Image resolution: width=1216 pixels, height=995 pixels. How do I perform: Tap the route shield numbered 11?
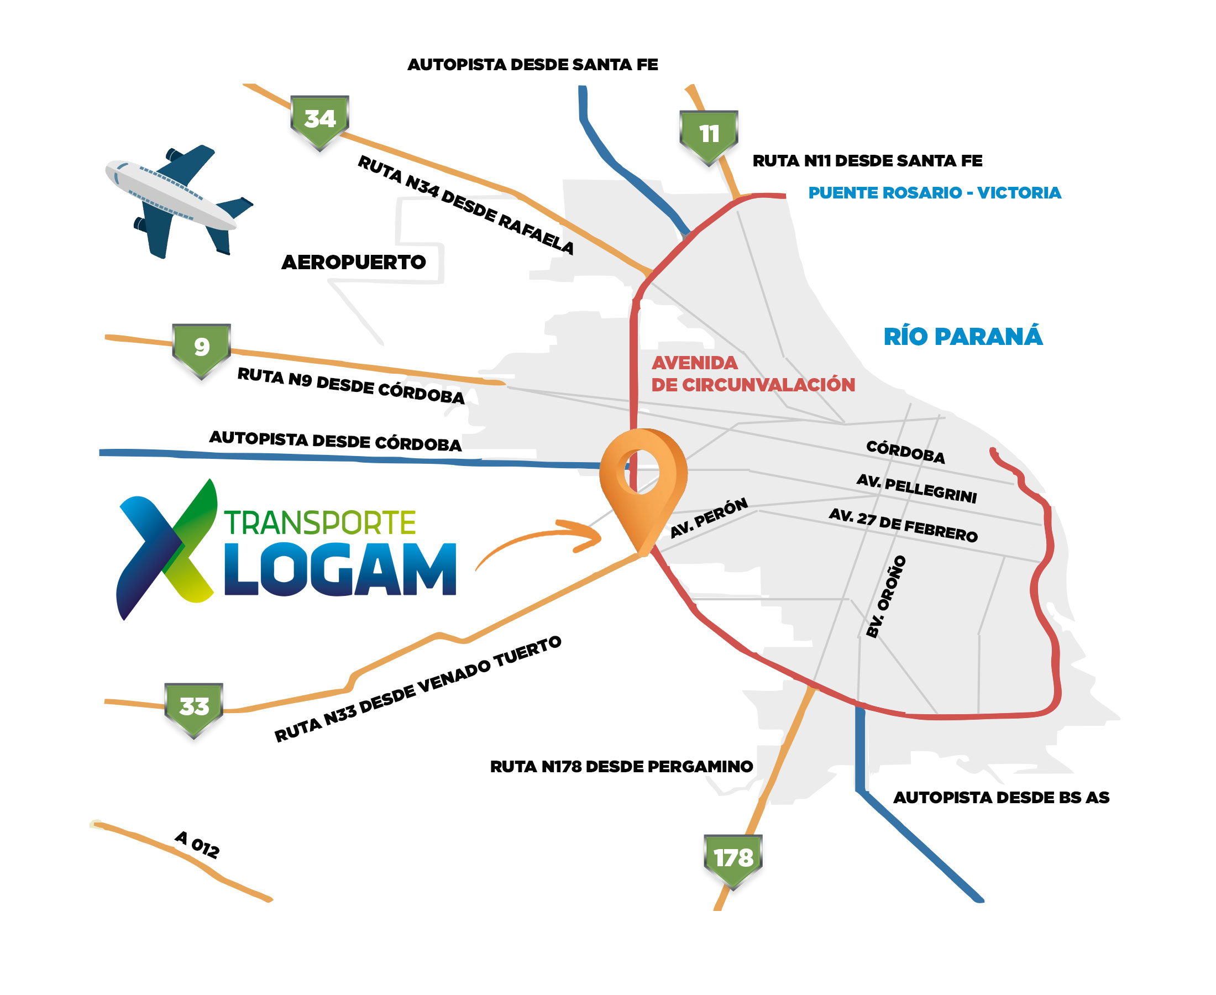(x=708, y=136)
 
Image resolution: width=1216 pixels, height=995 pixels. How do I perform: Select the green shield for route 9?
(x=201, y=348)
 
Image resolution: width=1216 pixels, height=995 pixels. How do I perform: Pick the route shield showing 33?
(x=193, y=708)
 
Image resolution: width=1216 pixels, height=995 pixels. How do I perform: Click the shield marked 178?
(x=733, y=860)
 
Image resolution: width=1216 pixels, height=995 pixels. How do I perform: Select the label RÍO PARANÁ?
(x=963, y=337)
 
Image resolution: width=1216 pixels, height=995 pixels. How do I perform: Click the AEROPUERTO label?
(x=354, y=263)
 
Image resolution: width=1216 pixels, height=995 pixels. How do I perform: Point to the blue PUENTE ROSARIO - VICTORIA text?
(x=934, y=192)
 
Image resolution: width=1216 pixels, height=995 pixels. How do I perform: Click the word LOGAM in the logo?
(x=340, y=570)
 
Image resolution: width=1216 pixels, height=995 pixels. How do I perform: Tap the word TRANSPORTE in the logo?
(x=320, y=523)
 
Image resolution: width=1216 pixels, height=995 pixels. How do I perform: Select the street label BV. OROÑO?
(x=886, y=596)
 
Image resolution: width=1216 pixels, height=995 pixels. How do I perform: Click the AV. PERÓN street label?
(x=709, y=517)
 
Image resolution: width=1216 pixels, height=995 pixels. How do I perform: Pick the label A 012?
(x=197, y=845)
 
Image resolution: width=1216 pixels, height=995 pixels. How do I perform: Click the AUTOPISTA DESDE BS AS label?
(x=1000, y=797)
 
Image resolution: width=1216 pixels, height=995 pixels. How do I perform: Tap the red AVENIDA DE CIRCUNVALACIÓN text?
(x=752, y=374)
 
